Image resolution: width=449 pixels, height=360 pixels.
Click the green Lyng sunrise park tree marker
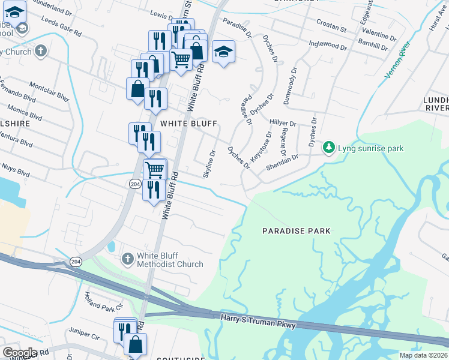point(328,148)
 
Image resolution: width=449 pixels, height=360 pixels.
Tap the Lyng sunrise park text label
point(370,148)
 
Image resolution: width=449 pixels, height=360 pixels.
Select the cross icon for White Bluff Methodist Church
point(127,259)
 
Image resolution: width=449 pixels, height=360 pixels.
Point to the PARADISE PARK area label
point(297,231)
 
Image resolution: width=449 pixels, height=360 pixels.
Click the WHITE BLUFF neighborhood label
point(188,123)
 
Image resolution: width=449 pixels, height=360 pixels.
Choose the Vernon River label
point(397,61)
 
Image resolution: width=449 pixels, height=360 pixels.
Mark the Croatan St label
point(331,28)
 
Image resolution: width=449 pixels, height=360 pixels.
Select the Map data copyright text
point(424,355)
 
